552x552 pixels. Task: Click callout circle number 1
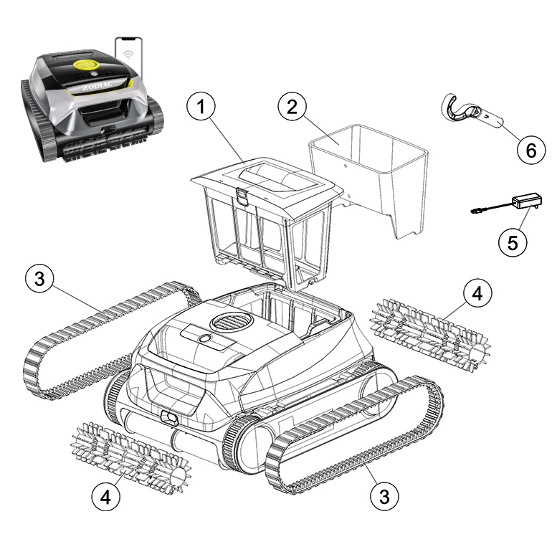201,106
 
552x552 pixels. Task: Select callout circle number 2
292,106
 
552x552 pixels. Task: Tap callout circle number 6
531,150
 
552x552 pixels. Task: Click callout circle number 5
513,243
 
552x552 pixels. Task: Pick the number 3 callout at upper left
39,278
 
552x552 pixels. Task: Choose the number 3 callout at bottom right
384,496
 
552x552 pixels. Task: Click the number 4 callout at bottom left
106,498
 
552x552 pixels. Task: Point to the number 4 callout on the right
477,293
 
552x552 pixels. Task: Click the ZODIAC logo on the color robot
97,86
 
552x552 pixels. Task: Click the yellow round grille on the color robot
85,65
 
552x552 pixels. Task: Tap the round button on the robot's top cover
204,338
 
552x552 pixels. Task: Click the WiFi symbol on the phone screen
128,54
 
